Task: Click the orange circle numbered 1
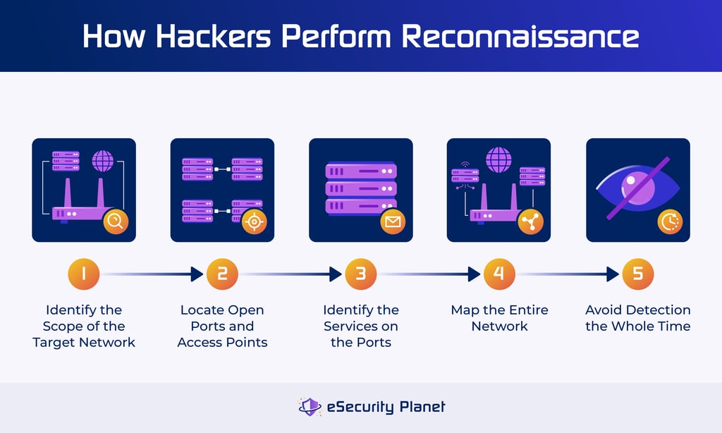(84, 274)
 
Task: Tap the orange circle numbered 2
(222, 274)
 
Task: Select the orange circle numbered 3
(360, 274)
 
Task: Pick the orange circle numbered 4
(499, 274)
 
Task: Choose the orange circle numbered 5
(637, 274)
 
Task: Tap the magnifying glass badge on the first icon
(116, 222)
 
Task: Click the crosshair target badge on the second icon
(254, 222)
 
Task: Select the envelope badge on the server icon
(392, 222)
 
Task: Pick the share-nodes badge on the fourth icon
(530, 222)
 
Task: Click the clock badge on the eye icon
(670, 222)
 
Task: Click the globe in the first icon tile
(103, 160)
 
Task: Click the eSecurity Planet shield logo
(309, 407)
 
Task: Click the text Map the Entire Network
(499, 318)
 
